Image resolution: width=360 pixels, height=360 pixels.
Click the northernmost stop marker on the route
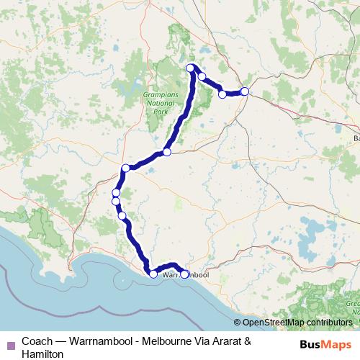191,68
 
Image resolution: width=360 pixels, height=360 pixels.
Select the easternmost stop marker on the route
245,91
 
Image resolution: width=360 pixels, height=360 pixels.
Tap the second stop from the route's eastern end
222,94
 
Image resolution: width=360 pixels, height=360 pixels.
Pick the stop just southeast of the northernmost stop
202,77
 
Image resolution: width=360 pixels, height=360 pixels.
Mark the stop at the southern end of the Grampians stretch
167,152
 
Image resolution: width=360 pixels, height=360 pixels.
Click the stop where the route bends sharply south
125,168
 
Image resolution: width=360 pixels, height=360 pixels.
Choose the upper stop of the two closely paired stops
116,193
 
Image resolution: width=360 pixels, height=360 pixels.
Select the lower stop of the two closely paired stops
116,202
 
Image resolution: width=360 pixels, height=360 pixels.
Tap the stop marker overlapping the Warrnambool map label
184,274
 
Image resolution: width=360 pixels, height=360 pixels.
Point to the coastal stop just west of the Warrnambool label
153,274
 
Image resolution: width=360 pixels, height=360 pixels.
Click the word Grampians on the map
158,94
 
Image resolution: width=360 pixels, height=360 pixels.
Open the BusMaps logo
325,343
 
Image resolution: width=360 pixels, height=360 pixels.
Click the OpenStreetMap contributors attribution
297,323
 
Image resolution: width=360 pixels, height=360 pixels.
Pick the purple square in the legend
10,343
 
